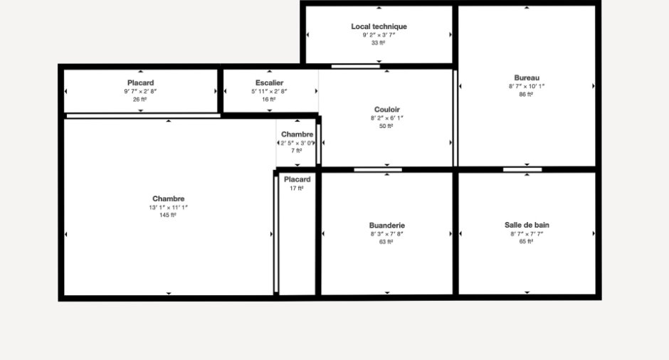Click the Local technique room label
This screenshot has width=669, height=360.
point(379,26)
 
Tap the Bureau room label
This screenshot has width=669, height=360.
point(527,78)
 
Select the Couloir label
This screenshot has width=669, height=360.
point(387,110)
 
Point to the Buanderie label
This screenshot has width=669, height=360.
point(387,226)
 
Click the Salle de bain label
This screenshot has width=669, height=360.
point(527,225)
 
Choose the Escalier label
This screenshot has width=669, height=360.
point(269,83)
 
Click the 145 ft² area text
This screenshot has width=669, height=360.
point(168,216)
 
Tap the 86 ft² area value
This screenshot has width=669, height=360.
point(526,94)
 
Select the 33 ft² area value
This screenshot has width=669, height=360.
point(379,43)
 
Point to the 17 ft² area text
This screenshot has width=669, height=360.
point(297,188)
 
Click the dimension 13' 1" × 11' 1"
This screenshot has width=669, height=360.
point(168,208)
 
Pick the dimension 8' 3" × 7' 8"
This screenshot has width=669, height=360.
point(387,234)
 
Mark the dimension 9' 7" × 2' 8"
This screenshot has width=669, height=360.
point(140,91)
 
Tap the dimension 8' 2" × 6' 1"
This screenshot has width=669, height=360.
point(387,118)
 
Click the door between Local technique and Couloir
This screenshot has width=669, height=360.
point(355,66)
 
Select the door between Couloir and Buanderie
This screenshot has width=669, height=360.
point(378,170)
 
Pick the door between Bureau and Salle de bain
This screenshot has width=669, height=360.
point(522,169)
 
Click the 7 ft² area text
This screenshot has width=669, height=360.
point(297,151)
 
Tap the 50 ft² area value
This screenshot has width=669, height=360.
point(386,126)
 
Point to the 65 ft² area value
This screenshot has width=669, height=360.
point(526,241)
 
